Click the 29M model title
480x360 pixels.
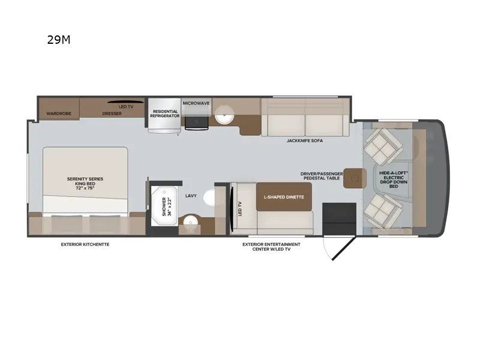[59, 41]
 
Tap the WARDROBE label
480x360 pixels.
[59, 113]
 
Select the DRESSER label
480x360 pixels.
[112, 113]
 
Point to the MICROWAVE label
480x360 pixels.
[196, 103]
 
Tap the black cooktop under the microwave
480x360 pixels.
[197, 122]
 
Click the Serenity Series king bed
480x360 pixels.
[85, 181]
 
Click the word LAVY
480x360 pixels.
[191, 196]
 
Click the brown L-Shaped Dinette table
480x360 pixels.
[284, 197]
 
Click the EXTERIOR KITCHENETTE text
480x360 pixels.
[85, 244]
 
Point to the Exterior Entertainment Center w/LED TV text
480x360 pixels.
[271, 247]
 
